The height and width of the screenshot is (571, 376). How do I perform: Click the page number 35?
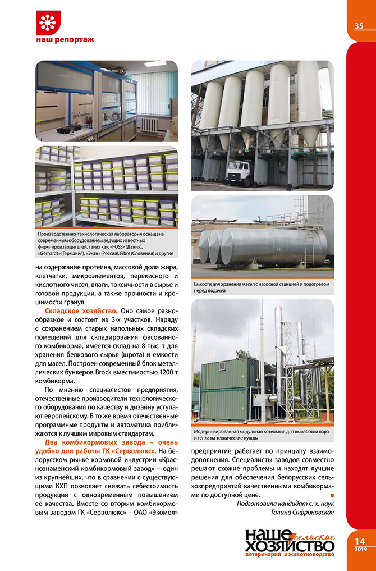pos(359,26)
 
